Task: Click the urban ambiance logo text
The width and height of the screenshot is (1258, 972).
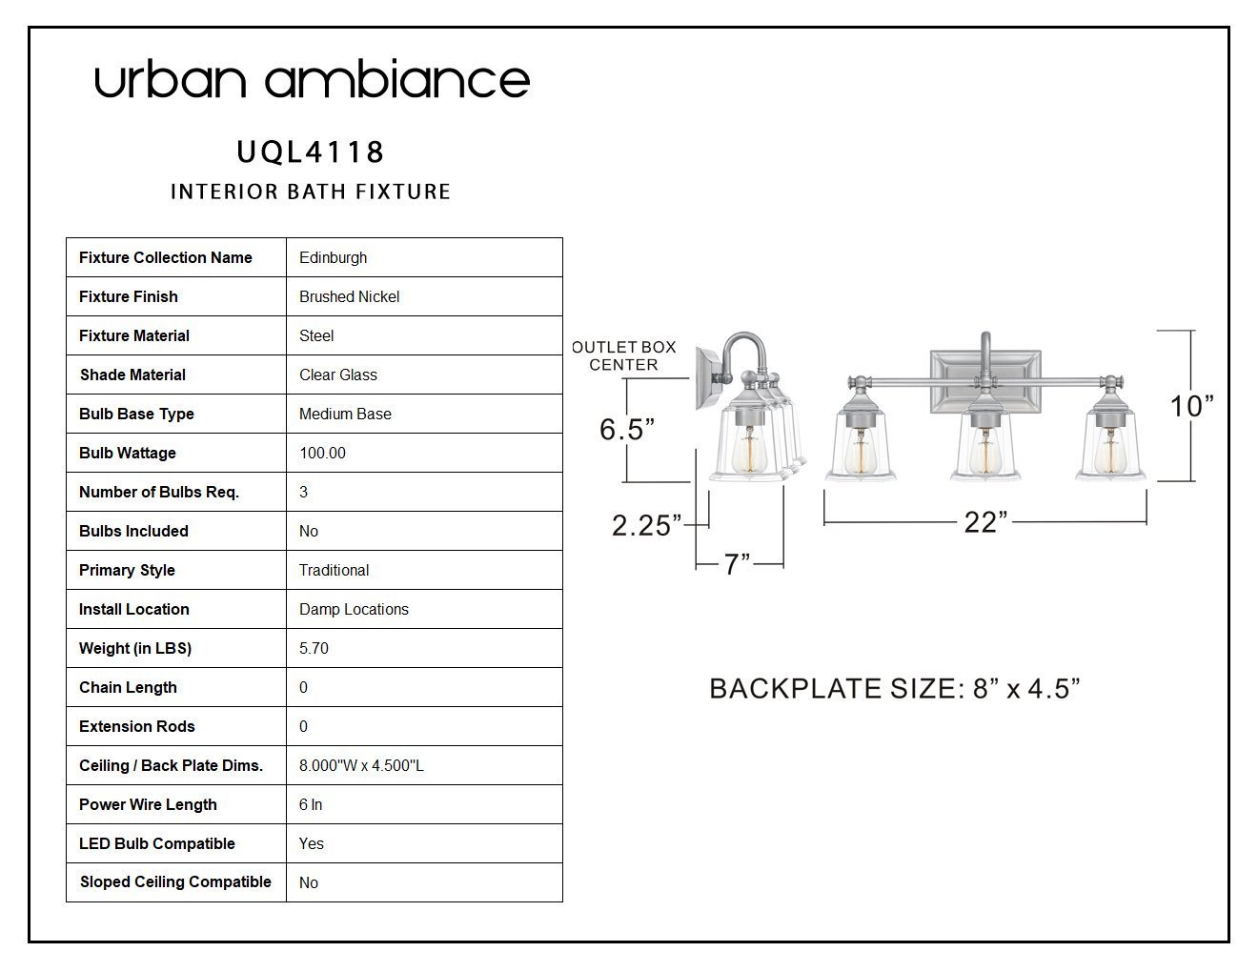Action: [312, 78]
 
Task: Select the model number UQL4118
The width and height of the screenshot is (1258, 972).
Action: [311, 152]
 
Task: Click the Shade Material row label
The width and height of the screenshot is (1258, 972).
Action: [132, 375]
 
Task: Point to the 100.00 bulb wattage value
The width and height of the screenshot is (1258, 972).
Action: [322, 453]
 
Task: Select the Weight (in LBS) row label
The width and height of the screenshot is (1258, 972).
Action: [135, 648]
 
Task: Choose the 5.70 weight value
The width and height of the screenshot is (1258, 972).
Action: [314, 648]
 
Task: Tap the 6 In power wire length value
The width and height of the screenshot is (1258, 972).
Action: [311, 804]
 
